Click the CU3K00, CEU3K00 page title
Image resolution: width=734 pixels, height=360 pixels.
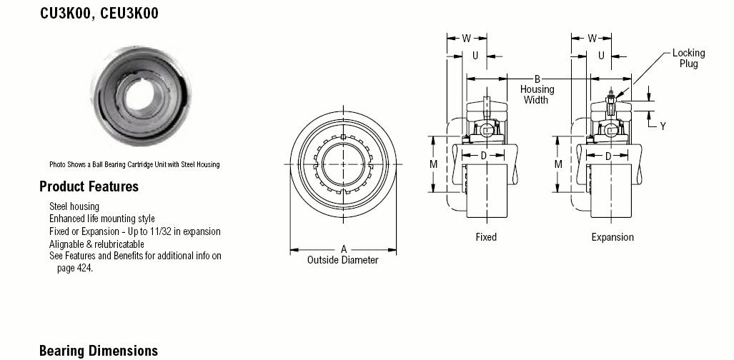point(99,13)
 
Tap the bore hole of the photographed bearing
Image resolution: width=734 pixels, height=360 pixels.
point(139,94)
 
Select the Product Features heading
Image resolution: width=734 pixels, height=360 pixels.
point(89,186)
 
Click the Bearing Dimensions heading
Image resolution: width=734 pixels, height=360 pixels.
point(99,351)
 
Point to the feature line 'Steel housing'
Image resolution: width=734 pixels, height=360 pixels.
point(74,206)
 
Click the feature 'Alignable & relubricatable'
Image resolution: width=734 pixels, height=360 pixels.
point(96,244)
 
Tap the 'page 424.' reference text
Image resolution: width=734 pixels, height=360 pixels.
point(75,269)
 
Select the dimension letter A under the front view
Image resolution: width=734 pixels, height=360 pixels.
point(344,249)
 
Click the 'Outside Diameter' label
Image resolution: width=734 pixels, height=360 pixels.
point(342,260)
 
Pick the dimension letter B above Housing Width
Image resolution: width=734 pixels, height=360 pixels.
point(537,79)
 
